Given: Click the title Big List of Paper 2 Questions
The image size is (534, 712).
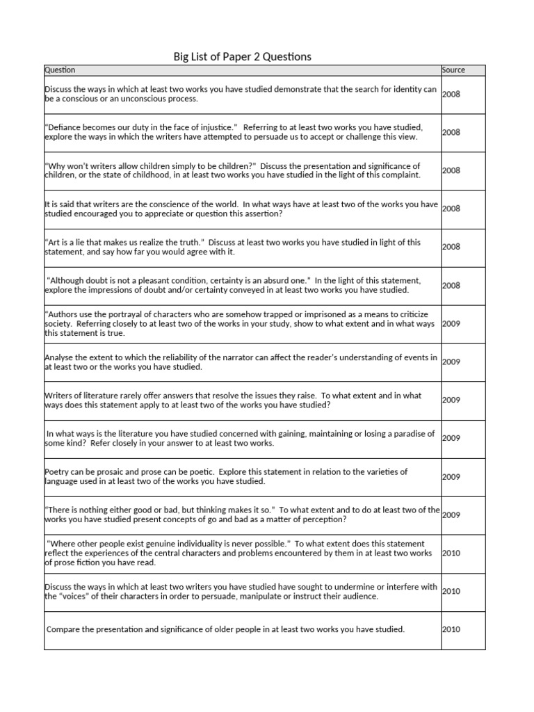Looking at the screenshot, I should click(242, 56).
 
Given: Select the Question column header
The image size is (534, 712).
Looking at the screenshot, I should click(60, 70).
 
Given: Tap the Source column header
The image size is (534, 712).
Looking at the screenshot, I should click(453, 70).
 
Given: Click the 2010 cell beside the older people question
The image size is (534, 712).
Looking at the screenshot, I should click(451, 629).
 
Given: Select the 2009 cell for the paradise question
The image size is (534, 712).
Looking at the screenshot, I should click(451, 438).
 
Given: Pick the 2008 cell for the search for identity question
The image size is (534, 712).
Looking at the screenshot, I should click(451, 94).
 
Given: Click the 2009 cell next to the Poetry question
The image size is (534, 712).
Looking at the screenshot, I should click(451, 477).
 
